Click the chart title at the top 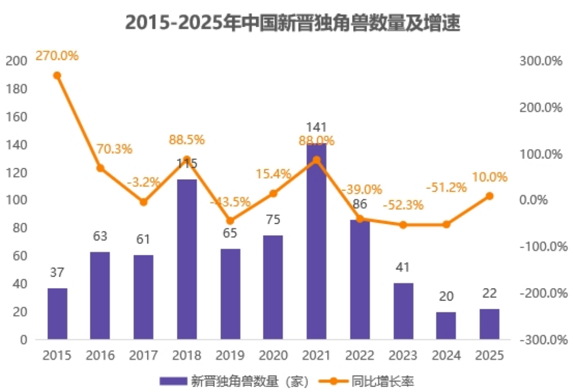tap(293, 23)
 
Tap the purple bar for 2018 tap(187, 259)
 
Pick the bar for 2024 tap(446, 326)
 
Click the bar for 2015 tap(57, 314)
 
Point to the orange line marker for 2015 tap(57, 76)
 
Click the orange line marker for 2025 tap(489, 196)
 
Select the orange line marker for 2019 tap(230, 221)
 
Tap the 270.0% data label tap(57, 56)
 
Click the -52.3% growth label tap(403, 206)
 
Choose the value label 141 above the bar tap(316, 127)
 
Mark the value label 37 tap(57, 273)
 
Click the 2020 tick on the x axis tap(273, 356)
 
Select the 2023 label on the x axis tap(403, 356)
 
